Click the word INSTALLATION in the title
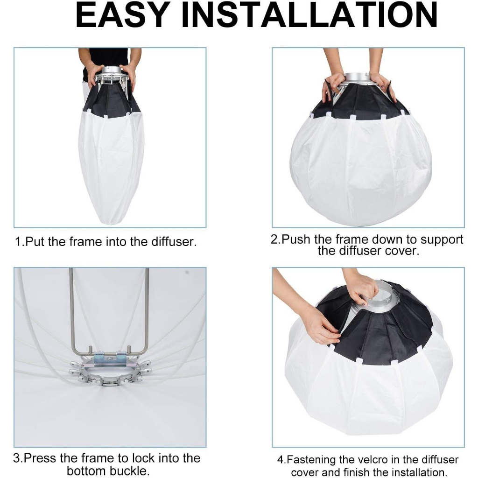pos(309,15)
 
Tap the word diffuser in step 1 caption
pos(173,242)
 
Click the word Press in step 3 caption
pos(40,458)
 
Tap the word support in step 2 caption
pos(442,240)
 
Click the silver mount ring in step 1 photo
pos(112,71)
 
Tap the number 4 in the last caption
pos(280,460)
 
